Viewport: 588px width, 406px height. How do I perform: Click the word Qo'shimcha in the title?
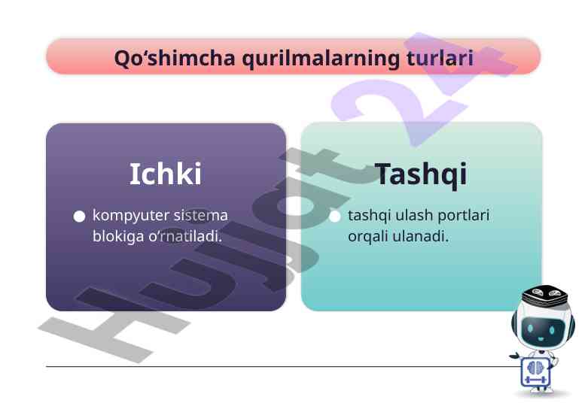coord(175,58)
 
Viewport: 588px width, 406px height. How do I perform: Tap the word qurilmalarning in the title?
coord(321,59)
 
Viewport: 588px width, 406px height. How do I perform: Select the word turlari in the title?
coord(440,58)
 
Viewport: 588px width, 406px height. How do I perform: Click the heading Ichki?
coord(166,174)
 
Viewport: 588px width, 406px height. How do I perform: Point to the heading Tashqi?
coord(421,175)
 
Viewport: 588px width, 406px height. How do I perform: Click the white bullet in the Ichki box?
coord(80,216)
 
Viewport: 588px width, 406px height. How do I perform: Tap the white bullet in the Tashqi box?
coord(334,216)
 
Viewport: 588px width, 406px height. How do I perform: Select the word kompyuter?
coord(131,216)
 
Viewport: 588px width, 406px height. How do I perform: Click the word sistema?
coord(201,215)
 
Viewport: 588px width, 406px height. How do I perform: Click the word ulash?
coord(414,215)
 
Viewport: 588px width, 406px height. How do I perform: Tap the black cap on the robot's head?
coord(545,295)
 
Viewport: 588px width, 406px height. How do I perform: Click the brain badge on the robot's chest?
coord(536,371)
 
